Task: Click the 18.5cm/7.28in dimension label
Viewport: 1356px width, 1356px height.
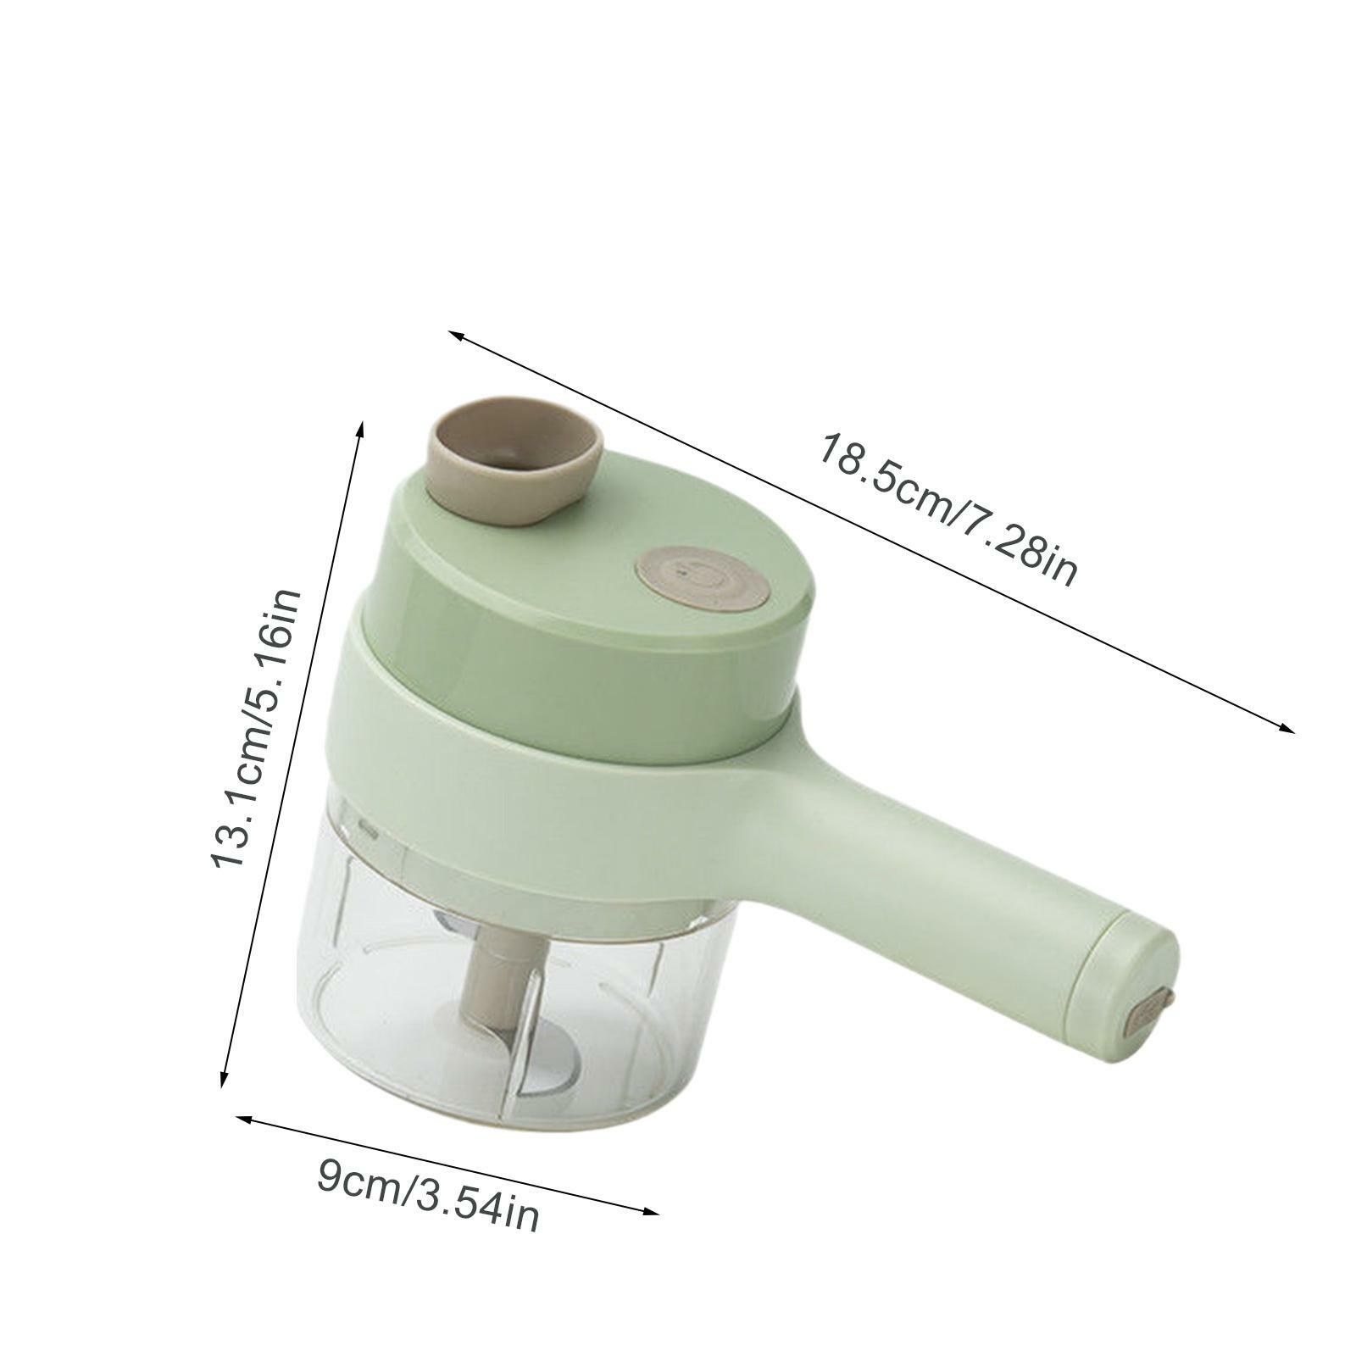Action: [946, 509]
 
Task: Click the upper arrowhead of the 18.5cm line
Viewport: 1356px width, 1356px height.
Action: [455, 335]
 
